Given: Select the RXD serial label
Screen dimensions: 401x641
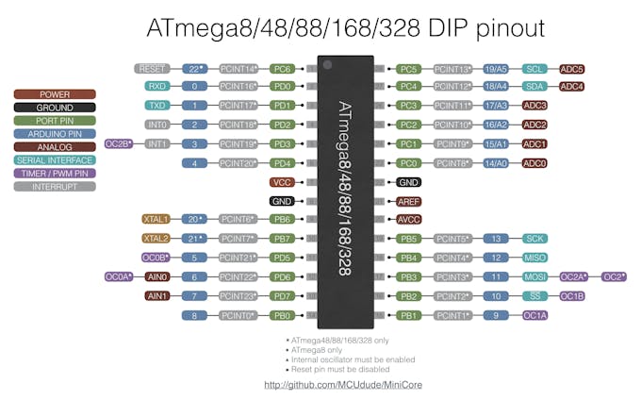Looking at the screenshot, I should tap(156, 87).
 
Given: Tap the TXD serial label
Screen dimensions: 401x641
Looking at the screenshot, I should tap(156, 106).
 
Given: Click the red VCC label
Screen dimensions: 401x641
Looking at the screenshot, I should tap(281, 181).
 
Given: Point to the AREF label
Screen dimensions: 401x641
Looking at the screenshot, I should tap(408, 201).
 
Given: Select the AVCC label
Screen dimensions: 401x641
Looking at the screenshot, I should tap(408, 220).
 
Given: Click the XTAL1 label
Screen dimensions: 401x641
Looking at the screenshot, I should tap(156, 219).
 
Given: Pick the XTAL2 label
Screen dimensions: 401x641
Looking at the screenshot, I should tap(156, 238).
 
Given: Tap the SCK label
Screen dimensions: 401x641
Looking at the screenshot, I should tap(534, 239).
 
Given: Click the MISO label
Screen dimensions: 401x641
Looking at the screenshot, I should tap(534, 258).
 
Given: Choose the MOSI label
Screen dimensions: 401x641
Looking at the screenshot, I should tap(534, 276).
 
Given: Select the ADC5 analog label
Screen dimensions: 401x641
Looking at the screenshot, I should tap(571, 69).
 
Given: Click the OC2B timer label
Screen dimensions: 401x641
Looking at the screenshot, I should tap(119, 143).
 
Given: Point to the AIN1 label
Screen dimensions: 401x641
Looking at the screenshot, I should tap(156, 295).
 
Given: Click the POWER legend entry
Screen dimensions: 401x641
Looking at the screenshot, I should tap(55, 94).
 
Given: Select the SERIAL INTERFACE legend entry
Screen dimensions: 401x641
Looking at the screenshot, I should tap(55, 160).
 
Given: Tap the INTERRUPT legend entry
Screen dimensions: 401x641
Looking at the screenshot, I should tap(55, 187).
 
